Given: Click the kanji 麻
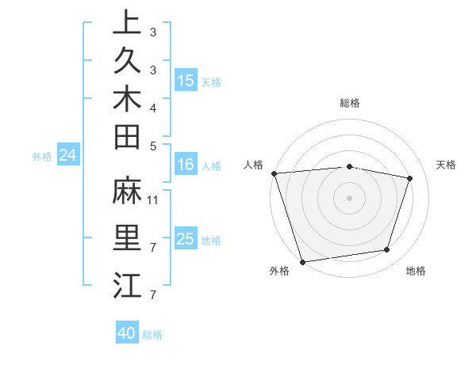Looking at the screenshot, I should pos(127,191).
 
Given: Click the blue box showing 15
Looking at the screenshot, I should pos(186,80).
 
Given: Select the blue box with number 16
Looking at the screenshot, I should pos(186,165).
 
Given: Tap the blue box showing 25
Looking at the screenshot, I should pos(186,239).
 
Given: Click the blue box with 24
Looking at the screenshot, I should pos(68,155).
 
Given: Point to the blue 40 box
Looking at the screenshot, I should pos(127,333).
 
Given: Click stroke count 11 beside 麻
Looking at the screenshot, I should pos(153,199).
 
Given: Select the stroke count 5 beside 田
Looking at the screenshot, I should pos(153,146).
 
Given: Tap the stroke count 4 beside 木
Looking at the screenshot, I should pos(153,108).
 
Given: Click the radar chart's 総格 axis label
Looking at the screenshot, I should pos(349,103).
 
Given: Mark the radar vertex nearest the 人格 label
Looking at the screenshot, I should pos(274,173).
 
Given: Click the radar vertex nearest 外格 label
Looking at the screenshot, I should pos(302,261).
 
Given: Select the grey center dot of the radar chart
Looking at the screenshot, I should pos(349,197).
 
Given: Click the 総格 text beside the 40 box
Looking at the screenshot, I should pos(152,335).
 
